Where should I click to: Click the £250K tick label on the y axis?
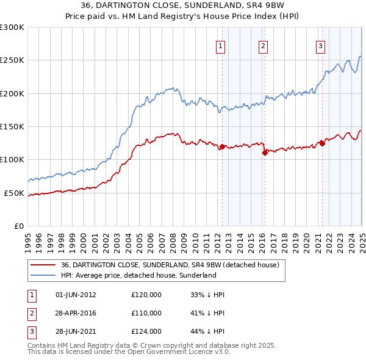pos(12,60)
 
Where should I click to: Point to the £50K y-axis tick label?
pos(14,193)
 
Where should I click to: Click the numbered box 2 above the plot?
pos(263,45)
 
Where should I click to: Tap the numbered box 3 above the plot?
pos(321,45)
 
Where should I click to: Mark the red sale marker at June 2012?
pos(223,147)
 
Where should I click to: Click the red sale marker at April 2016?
pos(265,153)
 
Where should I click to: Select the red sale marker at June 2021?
pos(322,144)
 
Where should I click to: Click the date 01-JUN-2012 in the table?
pos(76,295)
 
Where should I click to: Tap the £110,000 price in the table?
pos(146,313)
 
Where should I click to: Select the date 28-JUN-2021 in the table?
pos(76,331)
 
